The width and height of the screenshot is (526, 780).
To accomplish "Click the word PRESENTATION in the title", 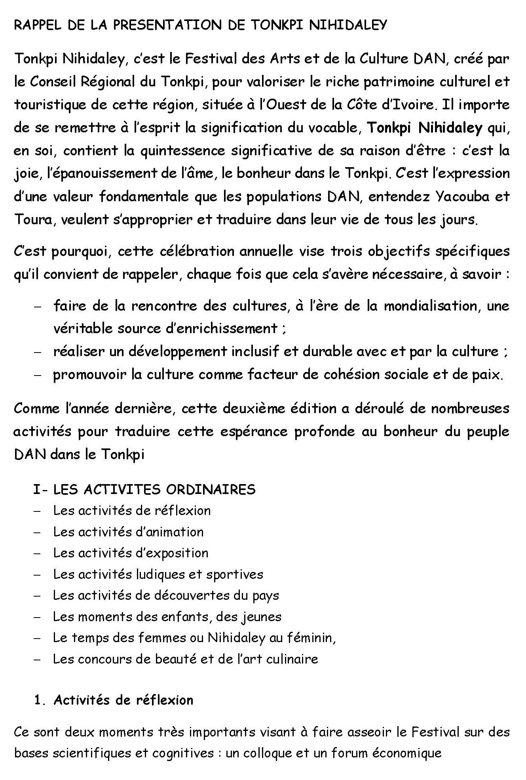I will (x=168, y=25).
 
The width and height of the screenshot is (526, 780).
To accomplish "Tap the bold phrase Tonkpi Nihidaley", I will (x=425, y=128).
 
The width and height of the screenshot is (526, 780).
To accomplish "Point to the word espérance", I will (x=254, y=431).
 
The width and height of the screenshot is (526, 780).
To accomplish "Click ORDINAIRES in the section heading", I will (x=211, y=490).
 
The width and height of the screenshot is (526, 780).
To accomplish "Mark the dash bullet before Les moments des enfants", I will (x=38, y=617).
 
